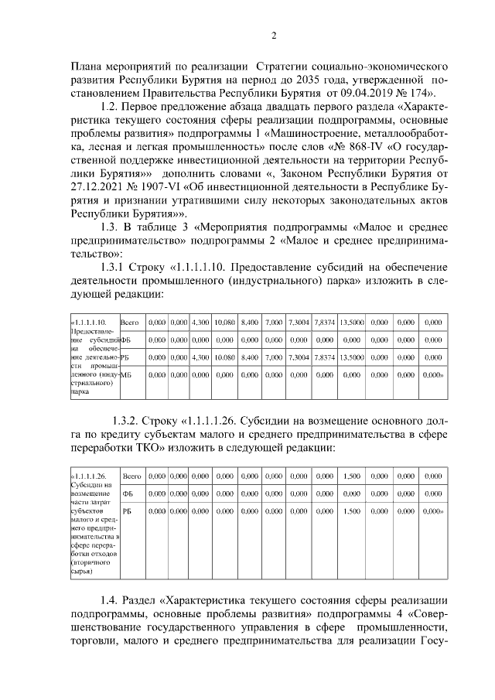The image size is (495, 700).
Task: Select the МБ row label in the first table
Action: click(127, 374)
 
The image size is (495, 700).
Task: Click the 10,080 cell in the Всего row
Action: click(224, 322)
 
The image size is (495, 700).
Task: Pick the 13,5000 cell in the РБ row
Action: click(352, 357)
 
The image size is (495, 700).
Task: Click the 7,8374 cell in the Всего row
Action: click(324, 322)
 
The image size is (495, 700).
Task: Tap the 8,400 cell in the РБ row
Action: click(249, 357)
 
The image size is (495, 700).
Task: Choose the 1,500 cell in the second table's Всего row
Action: click(352, 476)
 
